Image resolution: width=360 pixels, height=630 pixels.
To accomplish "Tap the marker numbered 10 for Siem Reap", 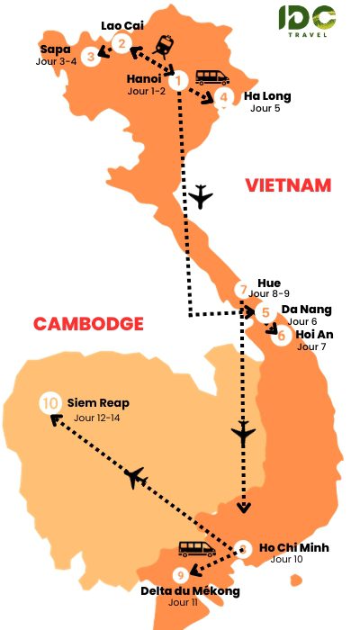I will pos(50,404).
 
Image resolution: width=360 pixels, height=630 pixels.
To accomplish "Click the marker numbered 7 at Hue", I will pos(242,290).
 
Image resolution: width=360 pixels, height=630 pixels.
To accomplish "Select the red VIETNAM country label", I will pos(288,185).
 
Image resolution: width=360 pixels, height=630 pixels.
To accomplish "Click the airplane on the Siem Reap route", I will pos(137,478).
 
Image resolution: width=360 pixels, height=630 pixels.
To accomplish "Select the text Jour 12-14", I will pos(96,418).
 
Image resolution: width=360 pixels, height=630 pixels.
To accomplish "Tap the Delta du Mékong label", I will pos(190,590).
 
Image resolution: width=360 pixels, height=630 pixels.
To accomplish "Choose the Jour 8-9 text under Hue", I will pos(268,293).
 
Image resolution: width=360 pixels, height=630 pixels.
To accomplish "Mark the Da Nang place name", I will pos(306,310).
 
